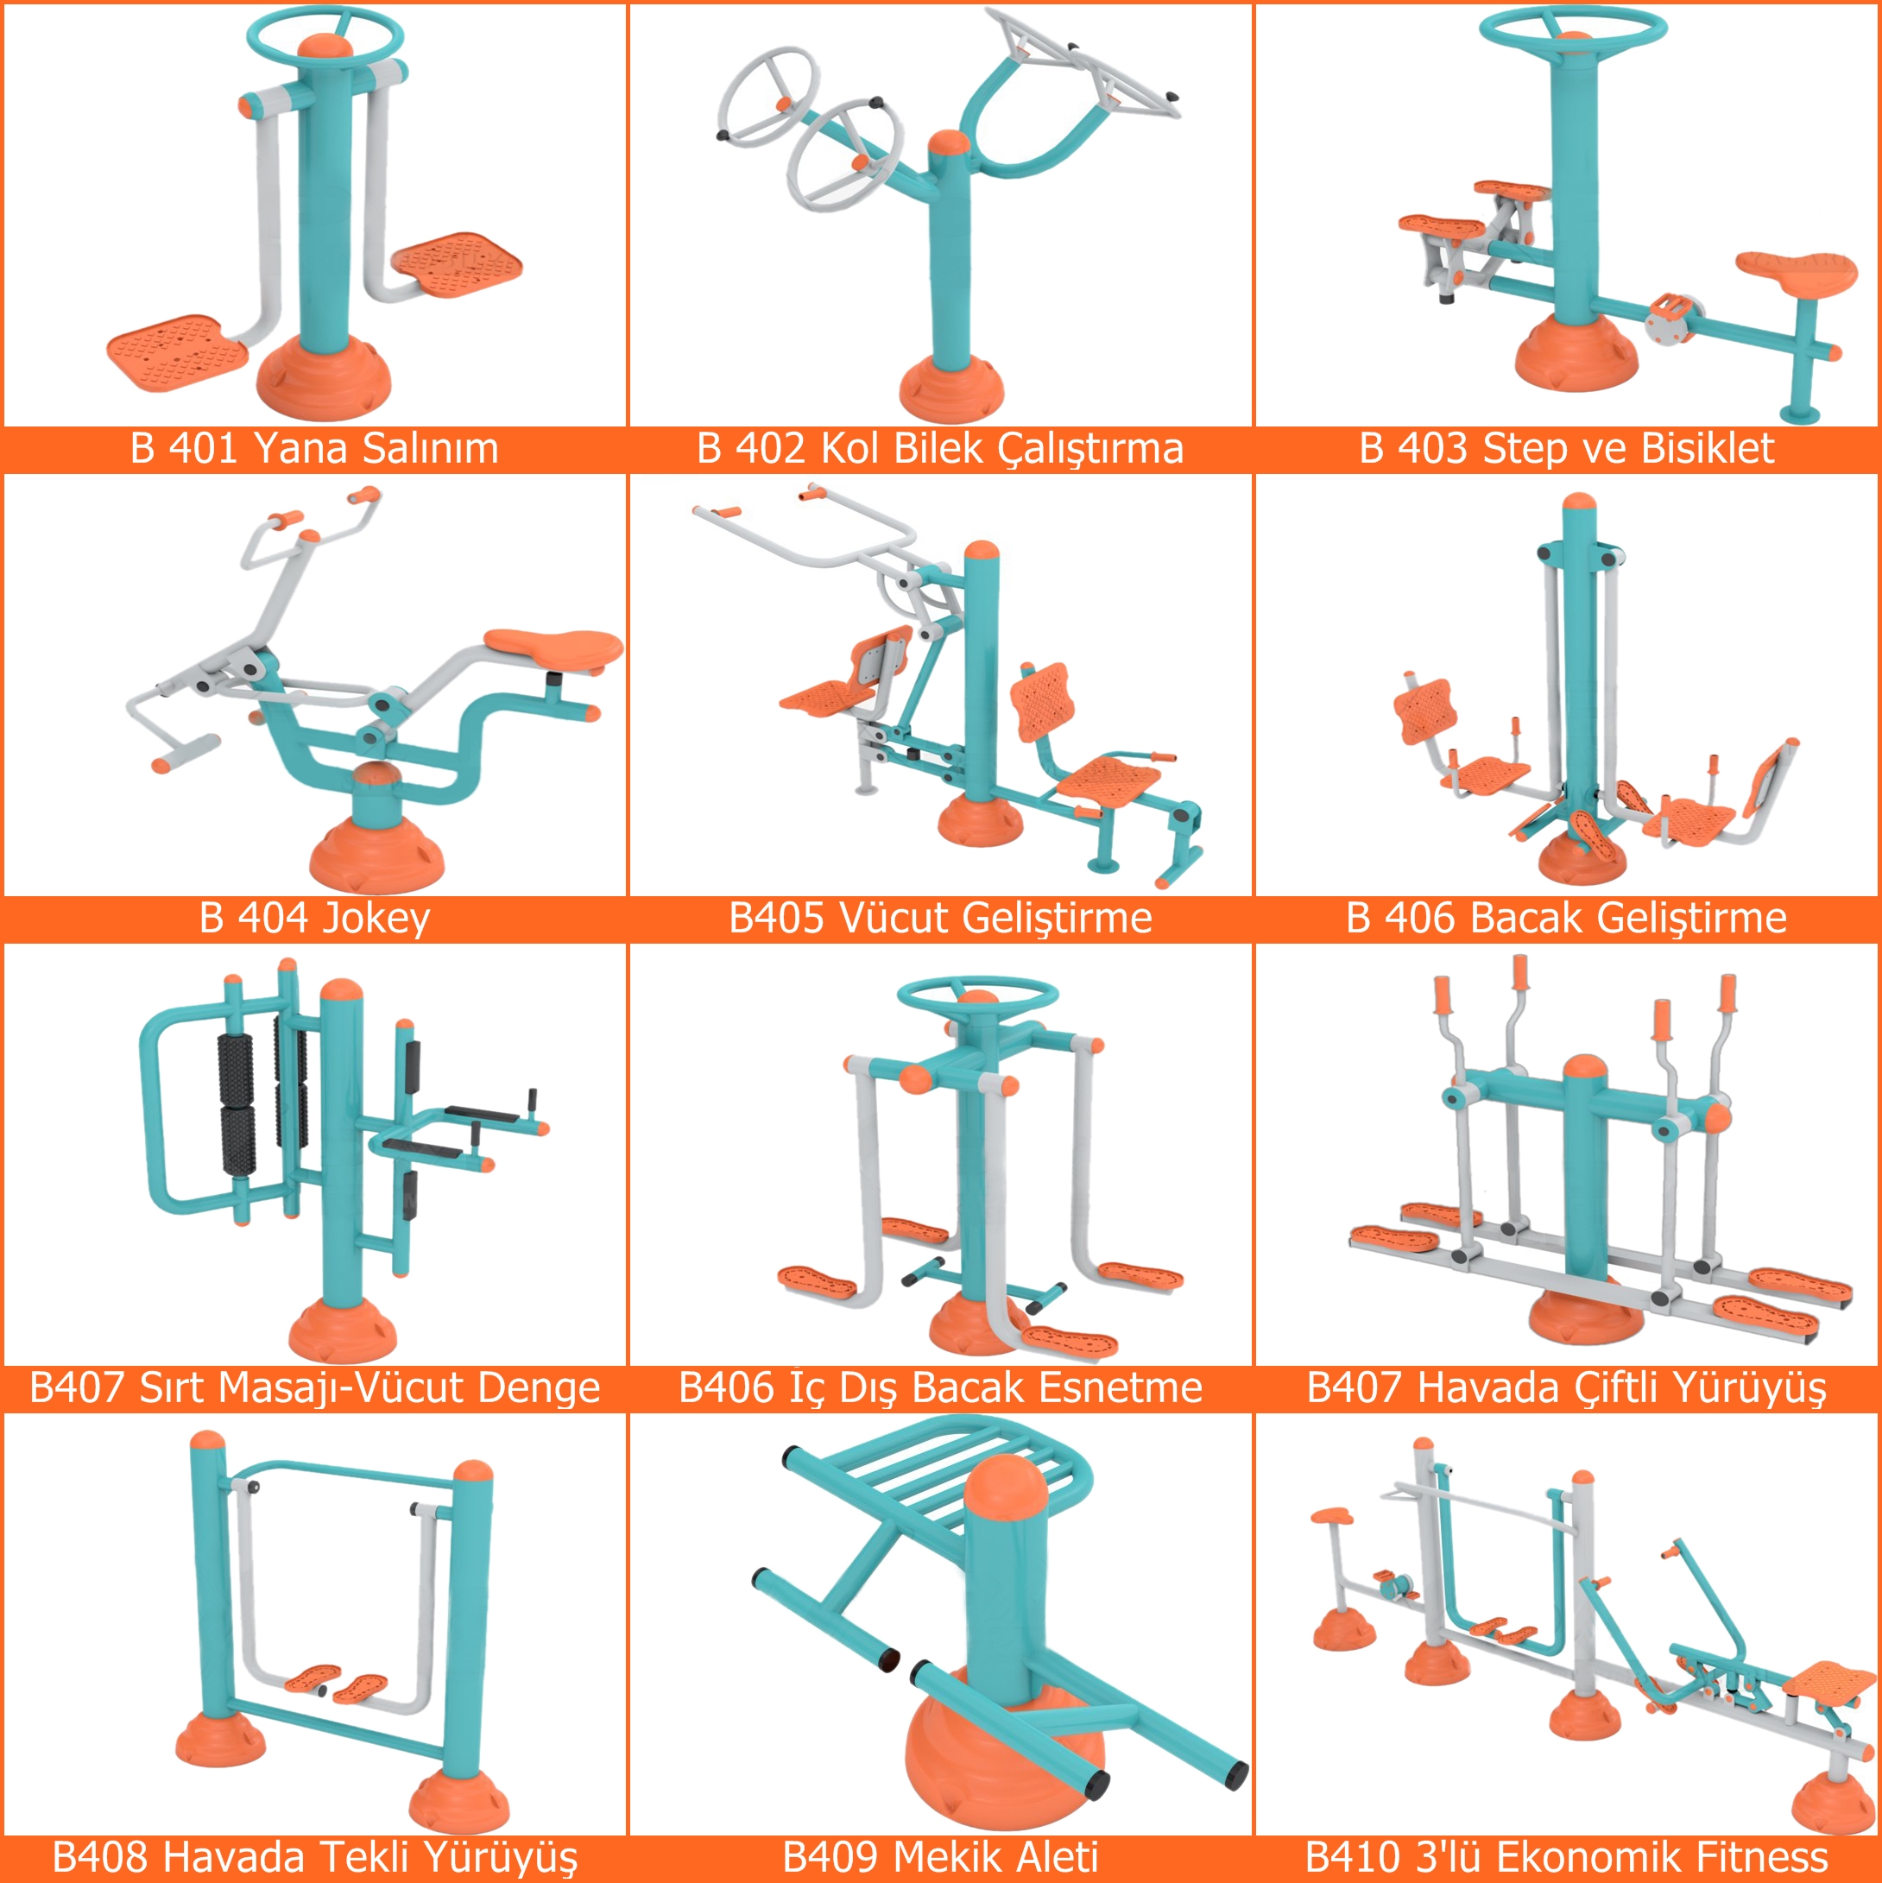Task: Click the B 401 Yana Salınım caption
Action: pos(314,448)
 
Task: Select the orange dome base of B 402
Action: pos(950,388)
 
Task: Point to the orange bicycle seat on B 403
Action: pos(1797,271)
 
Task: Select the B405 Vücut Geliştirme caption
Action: pos(940,918)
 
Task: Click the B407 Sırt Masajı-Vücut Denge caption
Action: pos(314,1388)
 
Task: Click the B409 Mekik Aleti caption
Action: pos(940,1857)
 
